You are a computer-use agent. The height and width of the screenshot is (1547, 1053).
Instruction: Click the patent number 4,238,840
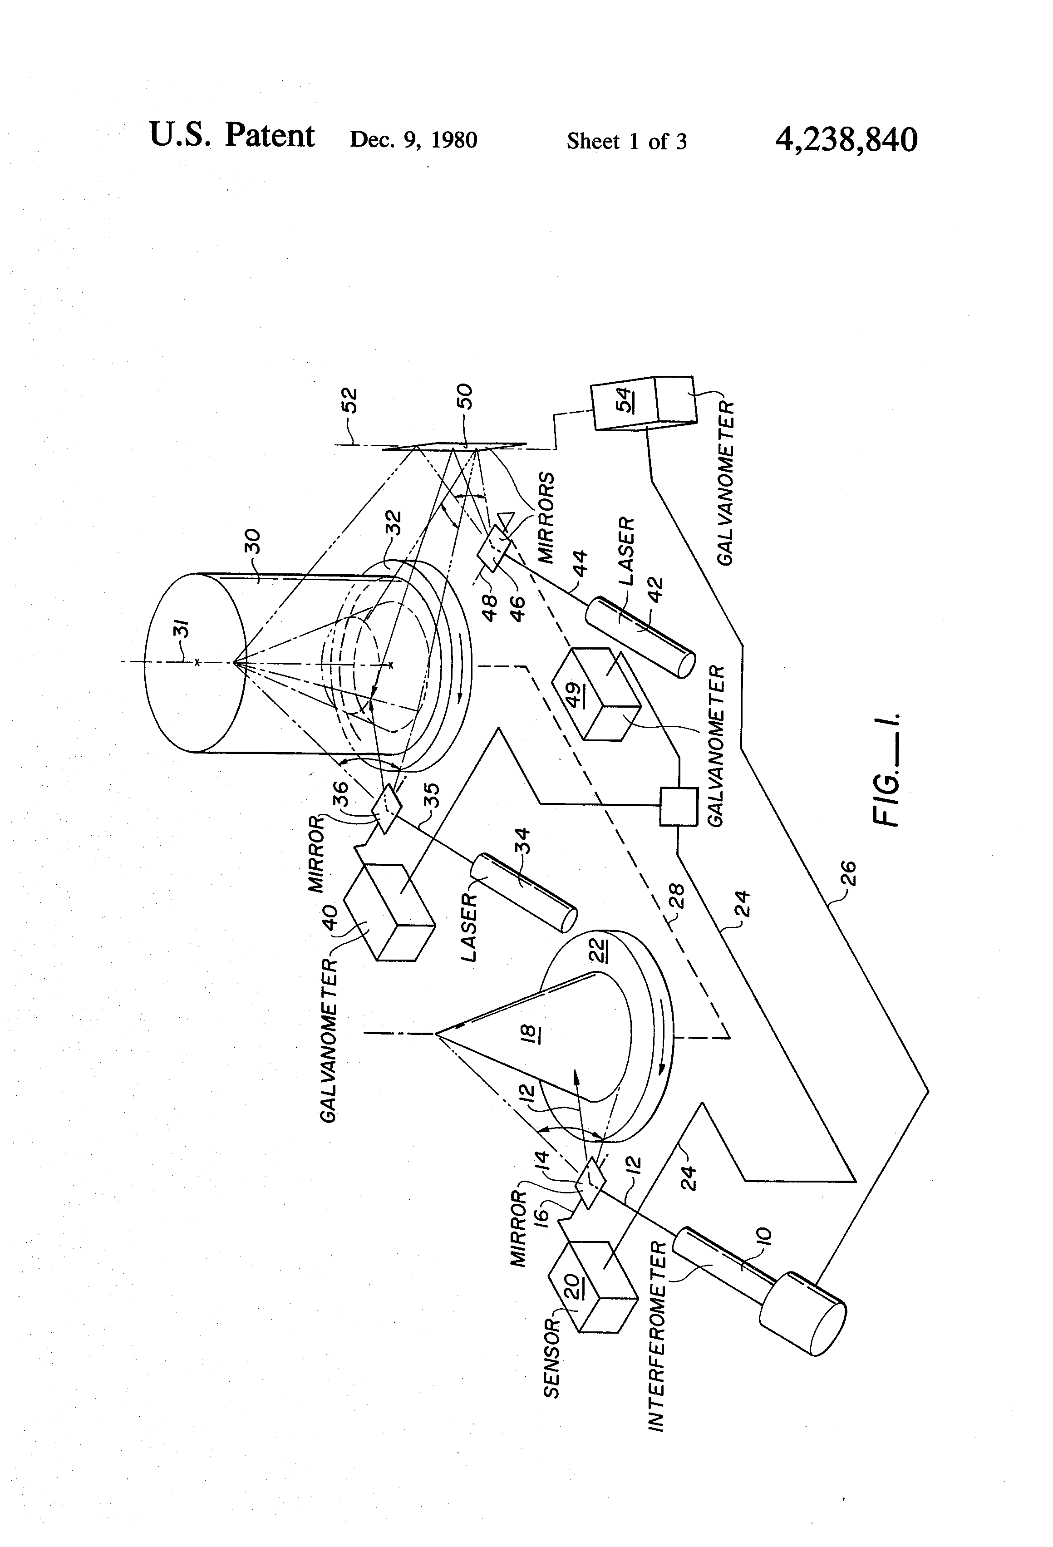(x=846, y=139)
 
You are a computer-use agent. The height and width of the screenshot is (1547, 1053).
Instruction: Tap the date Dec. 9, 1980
(x=413, y=140)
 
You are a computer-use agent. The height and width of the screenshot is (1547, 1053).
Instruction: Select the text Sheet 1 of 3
(x=626, y=141)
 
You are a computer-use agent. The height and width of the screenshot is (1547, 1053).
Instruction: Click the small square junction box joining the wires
(x=678, y=806)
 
